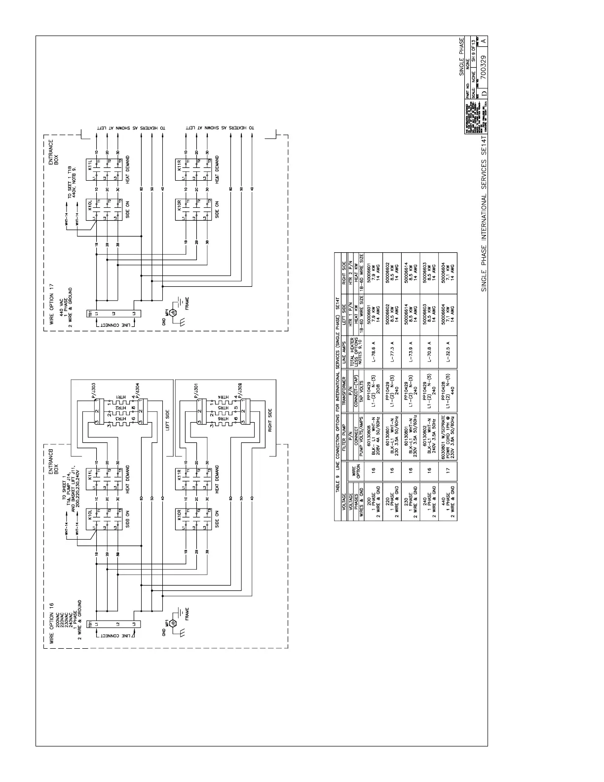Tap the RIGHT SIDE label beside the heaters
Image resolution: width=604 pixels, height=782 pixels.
tap(270, 420)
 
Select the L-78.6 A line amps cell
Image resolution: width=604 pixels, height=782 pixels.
tap(374, 354)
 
